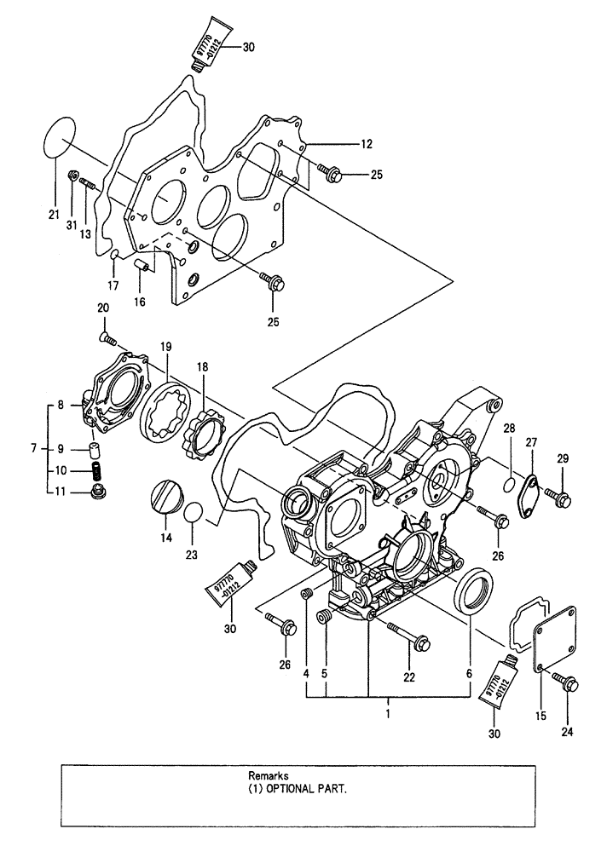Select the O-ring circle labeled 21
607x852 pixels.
pos(59,136)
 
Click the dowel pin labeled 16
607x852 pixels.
pos(143,269)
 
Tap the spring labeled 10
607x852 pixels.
pos(97,469)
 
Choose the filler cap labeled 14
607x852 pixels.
pos(165,498)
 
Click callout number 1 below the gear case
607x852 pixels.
pos(388,715)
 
